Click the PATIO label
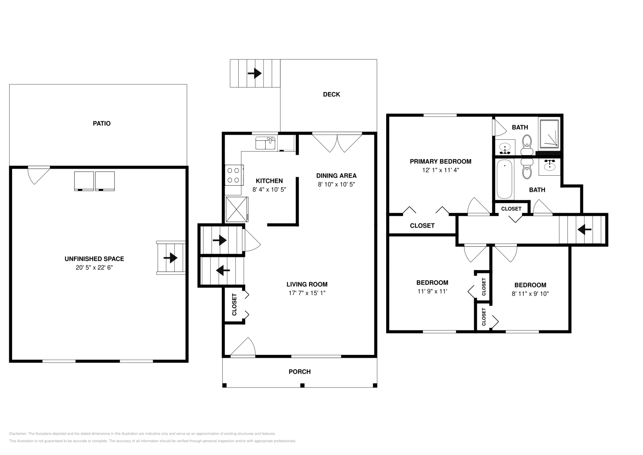[x=102, y=123]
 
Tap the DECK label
[x=332, y=94]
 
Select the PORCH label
[x=300, y=372]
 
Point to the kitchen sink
[x=265, y=143]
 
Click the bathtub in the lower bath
[x=504, y=179]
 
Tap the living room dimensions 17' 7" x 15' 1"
[x=307, y=293]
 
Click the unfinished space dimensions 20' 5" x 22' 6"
[x=94, y=267]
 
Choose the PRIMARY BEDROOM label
[x=440, y=162]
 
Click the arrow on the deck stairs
[x=255, y=74]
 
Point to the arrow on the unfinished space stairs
[x=171, y=258]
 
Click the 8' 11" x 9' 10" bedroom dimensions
[x=530, y=294]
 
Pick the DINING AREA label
[x=336, y=176]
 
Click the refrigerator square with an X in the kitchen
[x=237, y=209]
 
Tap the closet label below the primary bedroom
[x=422, y=226]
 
